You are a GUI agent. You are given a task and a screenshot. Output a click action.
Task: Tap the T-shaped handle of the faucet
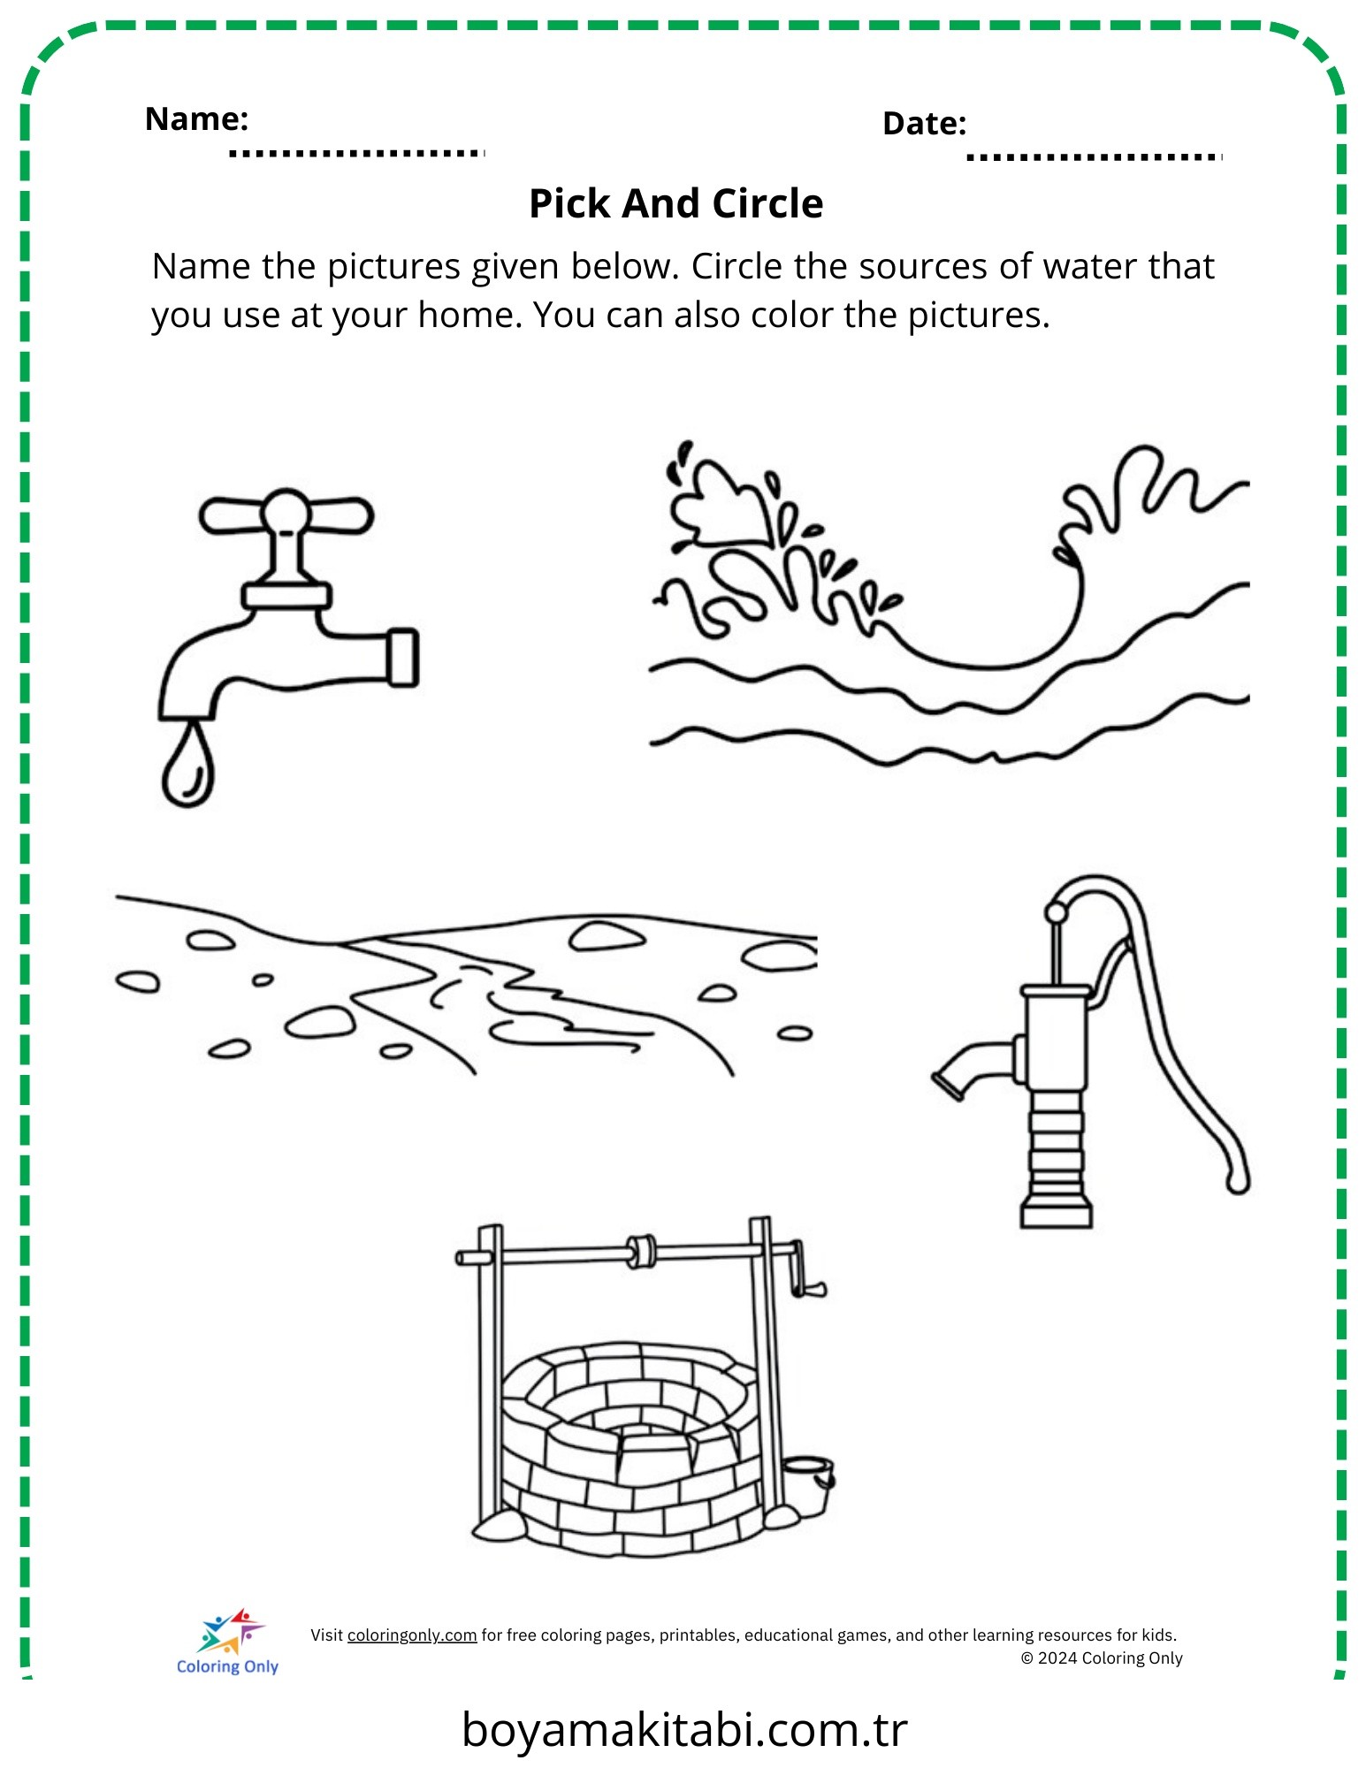pos(286,515)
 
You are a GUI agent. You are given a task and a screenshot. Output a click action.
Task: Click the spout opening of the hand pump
pos(947,1086)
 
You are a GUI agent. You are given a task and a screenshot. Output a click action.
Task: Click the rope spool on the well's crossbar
pos(641,1252)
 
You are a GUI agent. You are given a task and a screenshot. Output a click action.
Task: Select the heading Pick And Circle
pos(676,203)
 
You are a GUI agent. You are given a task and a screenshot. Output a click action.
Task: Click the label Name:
pos(196,118)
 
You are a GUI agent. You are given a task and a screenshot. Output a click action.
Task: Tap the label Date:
pos(924,124)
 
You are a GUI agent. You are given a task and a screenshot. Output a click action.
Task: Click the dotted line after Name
pos(357,154)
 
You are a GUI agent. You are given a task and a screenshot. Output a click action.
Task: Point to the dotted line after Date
pos(1095,157)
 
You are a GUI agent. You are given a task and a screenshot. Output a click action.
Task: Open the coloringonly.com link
pos(412,1635)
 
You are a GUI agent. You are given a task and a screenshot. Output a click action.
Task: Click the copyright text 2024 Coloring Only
pos(1102,1658)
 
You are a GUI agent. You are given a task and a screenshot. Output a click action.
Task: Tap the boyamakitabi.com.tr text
pos(684,1730)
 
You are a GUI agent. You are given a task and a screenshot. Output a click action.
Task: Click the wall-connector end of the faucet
pos(403,658)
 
